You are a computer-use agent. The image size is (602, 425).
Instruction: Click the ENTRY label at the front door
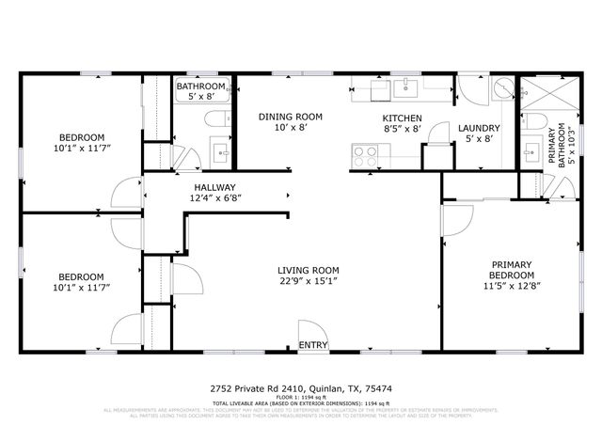[x=312, y=345]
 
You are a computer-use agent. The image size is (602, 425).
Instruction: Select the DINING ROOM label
[x=291, y=117]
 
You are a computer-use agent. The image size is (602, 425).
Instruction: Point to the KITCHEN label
[x=402, y=118]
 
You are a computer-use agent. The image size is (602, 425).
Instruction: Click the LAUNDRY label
[x=479, y=128]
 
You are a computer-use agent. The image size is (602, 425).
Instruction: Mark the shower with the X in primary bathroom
[x=547, y=94]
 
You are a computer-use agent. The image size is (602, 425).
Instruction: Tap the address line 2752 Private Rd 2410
[x=300, y=386]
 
